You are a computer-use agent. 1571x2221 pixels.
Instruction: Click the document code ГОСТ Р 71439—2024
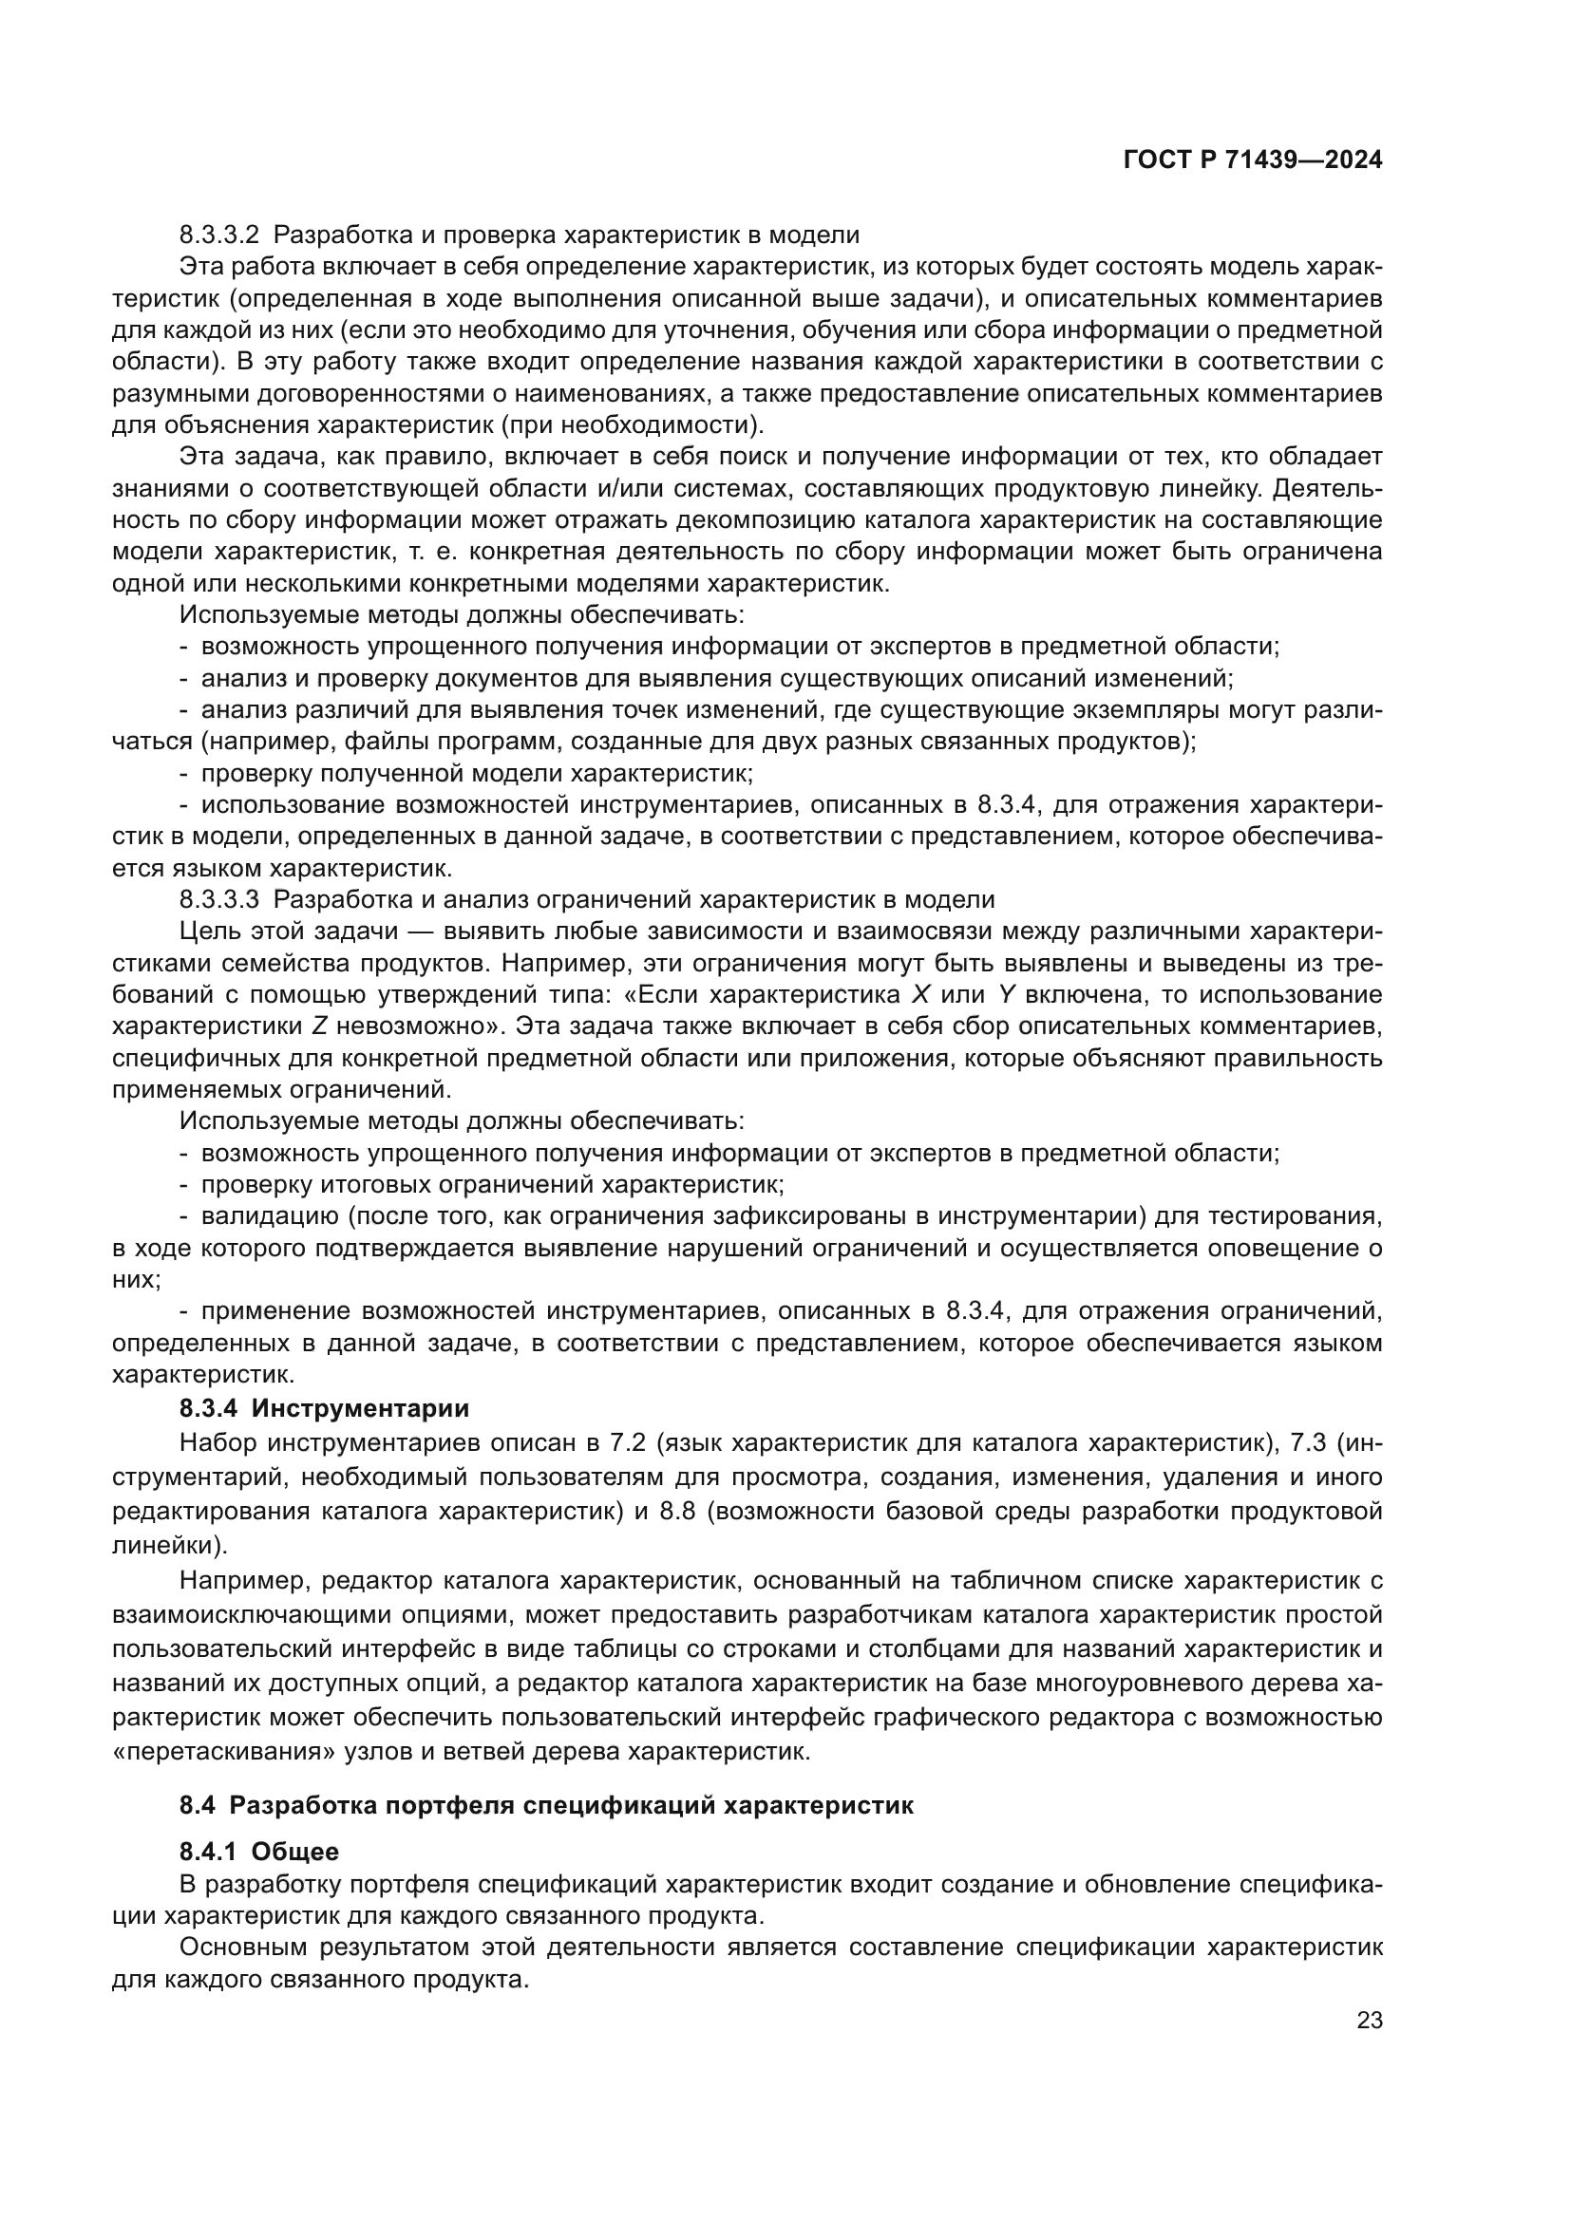pyautogui.click(x=1252, y=160)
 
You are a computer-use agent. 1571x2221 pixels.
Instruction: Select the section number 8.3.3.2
pyautogui.click(x=219, y=235)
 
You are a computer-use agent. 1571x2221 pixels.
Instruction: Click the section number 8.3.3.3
pyautogui.click(x=219, y=899)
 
